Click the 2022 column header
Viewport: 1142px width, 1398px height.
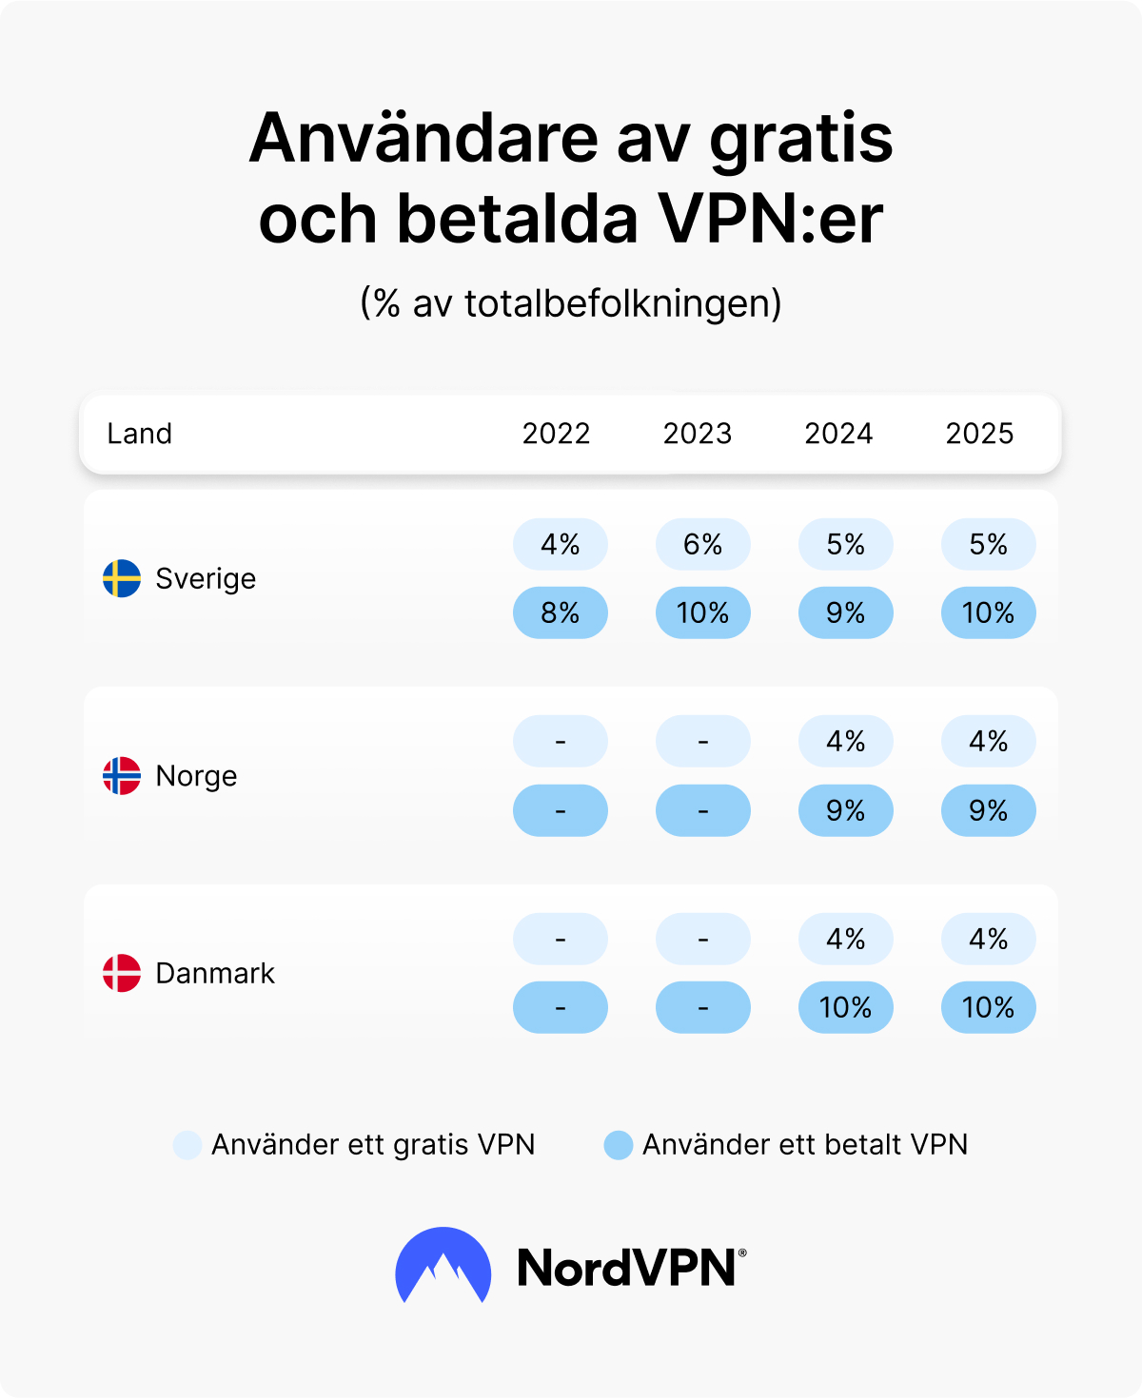click(556, 434)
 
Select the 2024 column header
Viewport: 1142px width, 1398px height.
click(838, 434)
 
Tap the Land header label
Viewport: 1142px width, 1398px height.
click(139, 434)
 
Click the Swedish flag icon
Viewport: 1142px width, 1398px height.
click(122, 578)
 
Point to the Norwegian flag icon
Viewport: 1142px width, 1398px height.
click(122, 776)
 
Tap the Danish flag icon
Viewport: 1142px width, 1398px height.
click(122, 973)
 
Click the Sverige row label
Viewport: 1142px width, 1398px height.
click(206, 578)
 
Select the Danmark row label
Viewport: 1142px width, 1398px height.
click(215, 973)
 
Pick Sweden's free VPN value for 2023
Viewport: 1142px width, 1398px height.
click(703, 544)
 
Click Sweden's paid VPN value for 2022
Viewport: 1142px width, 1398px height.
click(561, 612)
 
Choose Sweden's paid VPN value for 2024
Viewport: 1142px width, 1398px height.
click(846, 612)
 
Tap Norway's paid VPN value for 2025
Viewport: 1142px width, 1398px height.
click(989, 810)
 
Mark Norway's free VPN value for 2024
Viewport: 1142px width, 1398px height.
click(846, 741)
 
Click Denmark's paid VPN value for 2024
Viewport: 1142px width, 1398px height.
click(846, 1007)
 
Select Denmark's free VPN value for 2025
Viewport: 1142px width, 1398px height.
click(989, 939)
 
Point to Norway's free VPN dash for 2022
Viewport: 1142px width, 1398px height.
click(561, 741)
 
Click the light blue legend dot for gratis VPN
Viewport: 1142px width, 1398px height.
click(187, 1145)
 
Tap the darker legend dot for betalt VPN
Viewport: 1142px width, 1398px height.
click(619, 1145)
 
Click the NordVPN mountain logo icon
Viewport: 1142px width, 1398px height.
click(443, 1266)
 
